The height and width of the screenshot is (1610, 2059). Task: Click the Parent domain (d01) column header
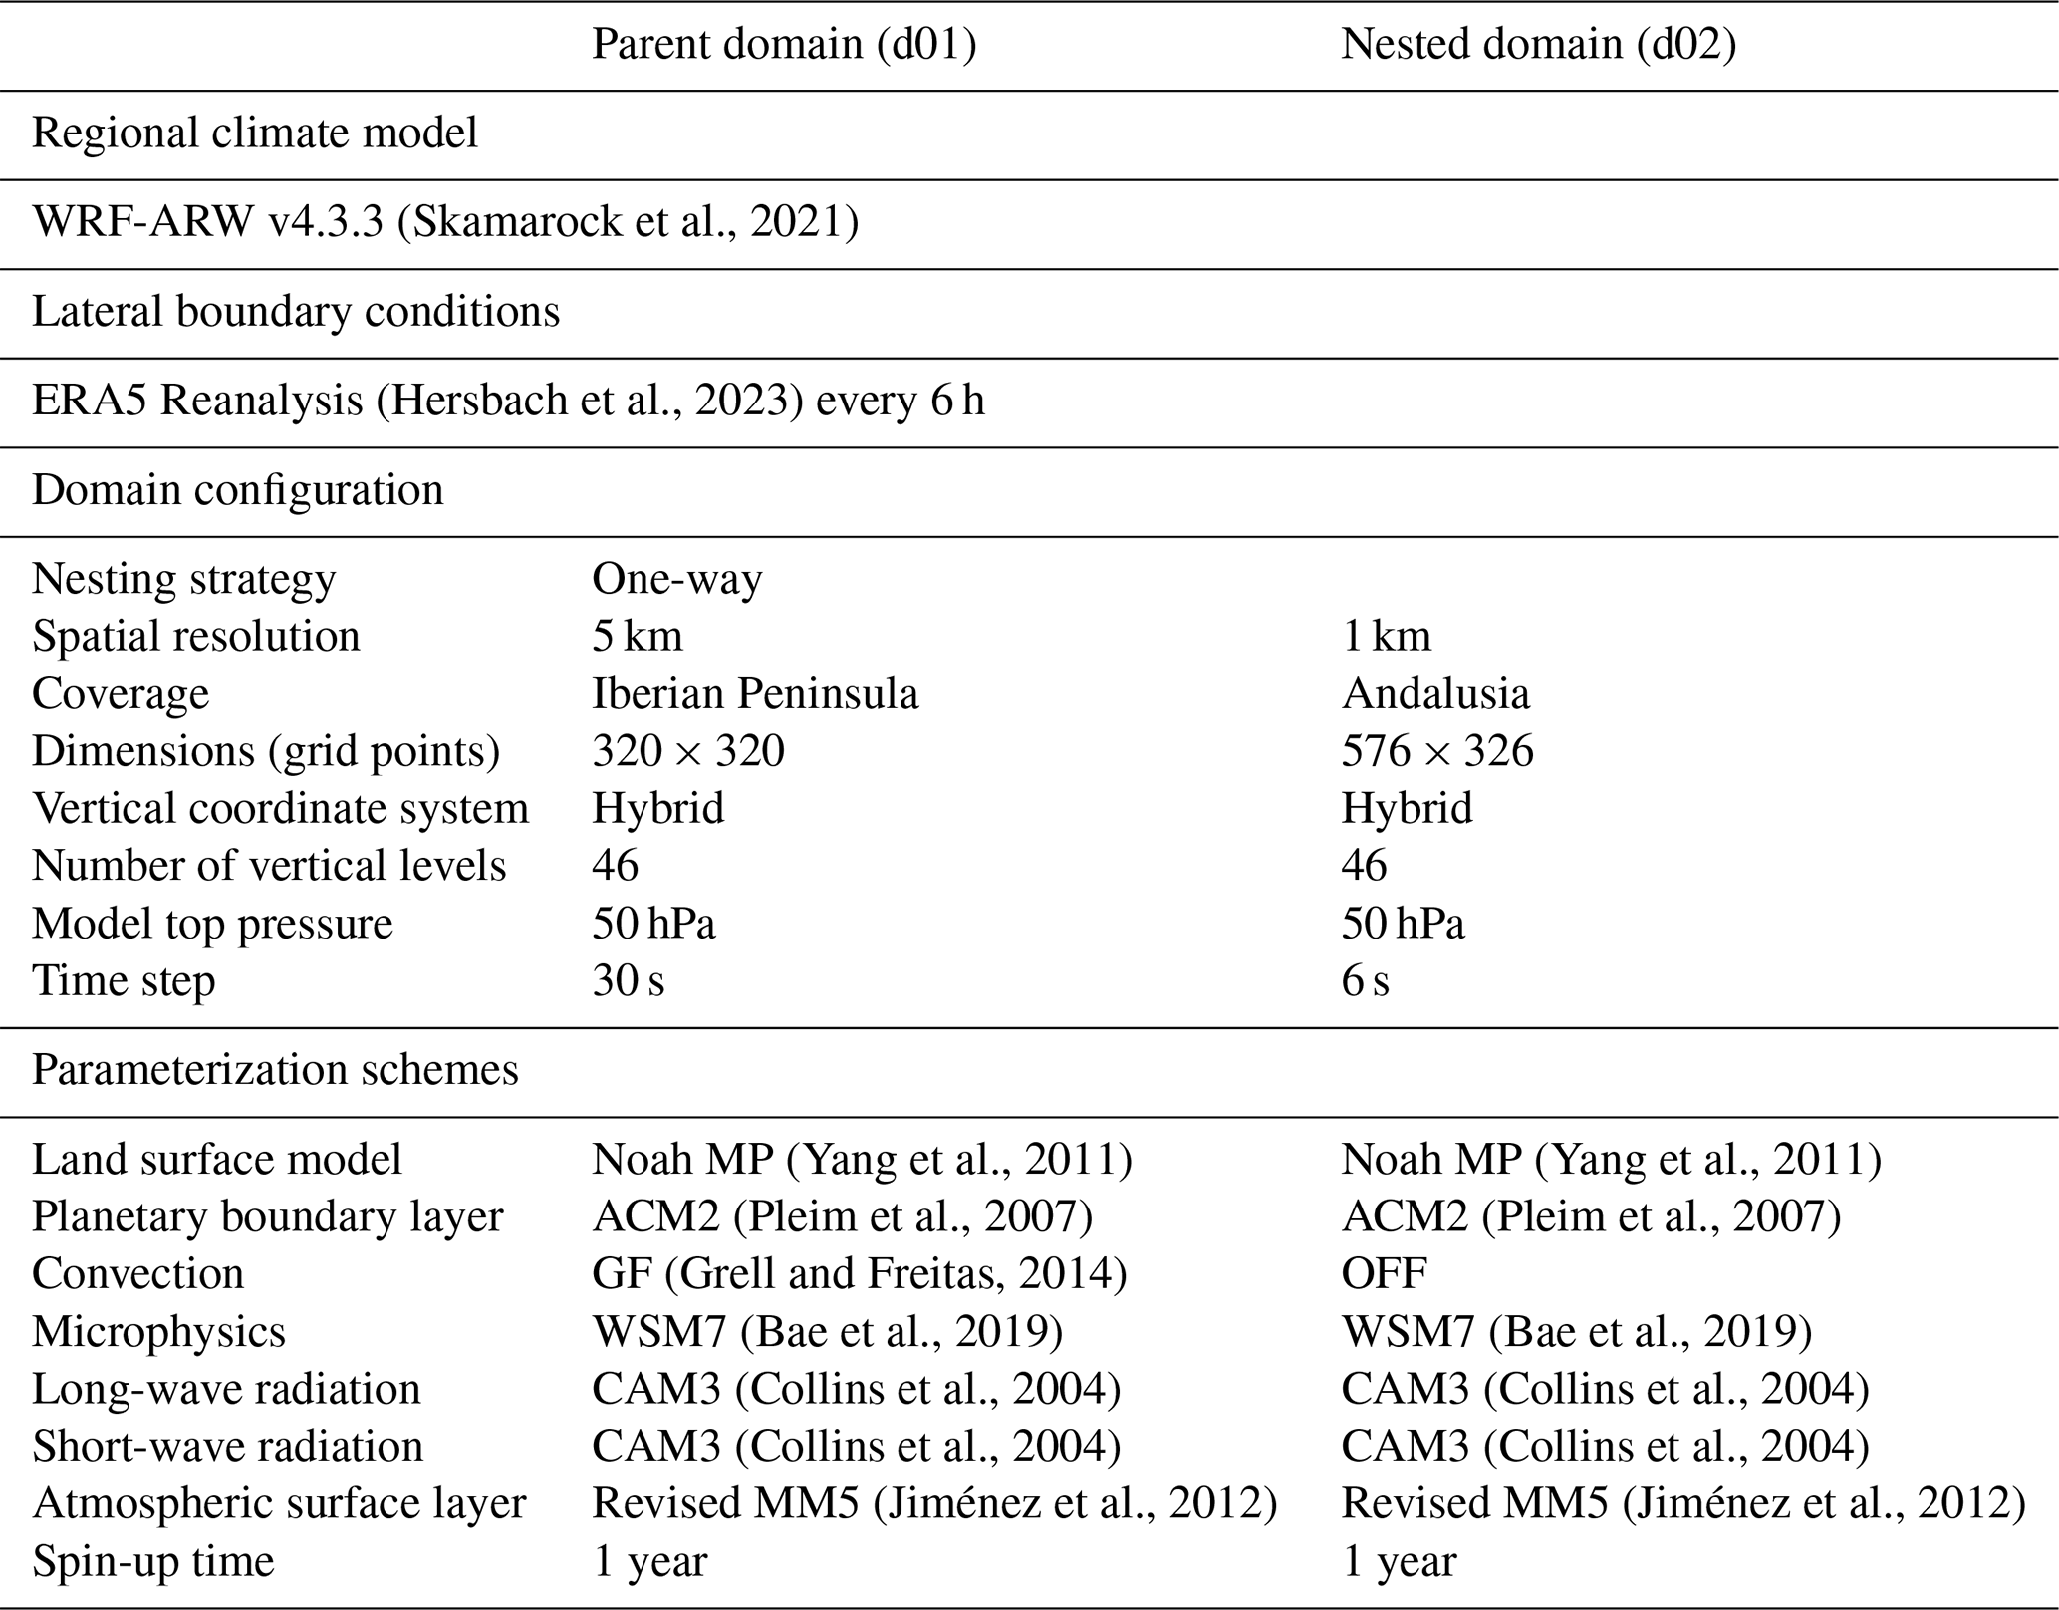784,44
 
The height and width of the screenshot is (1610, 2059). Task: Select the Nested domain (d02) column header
1538,44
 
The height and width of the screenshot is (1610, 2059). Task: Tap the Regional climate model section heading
255,134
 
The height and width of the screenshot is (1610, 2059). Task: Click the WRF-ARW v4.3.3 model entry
445,222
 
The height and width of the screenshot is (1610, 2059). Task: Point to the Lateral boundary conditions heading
296,312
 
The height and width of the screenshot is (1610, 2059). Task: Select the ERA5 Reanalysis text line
508,401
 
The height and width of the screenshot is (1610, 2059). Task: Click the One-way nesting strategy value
677,579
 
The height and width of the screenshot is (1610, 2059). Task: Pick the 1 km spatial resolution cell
1386,636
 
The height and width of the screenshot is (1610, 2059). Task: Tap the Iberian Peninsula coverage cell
755,693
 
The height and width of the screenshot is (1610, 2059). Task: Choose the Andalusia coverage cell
1435,693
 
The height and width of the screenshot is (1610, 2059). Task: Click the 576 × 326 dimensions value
1437,750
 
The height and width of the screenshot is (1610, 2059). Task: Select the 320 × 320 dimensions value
688,750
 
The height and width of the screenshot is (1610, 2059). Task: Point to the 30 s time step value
629,980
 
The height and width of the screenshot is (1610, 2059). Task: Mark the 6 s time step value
1365,980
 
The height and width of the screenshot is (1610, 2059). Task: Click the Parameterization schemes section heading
275,1070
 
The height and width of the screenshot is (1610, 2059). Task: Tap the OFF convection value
1384,1273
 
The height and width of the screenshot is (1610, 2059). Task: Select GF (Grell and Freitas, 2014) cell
859,1273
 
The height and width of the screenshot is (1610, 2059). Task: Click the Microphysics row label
158,1331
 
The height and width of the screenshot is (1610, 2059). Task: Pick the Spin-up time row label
152,1560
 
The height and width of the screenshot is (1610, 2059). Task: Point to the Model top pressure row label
212,924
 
